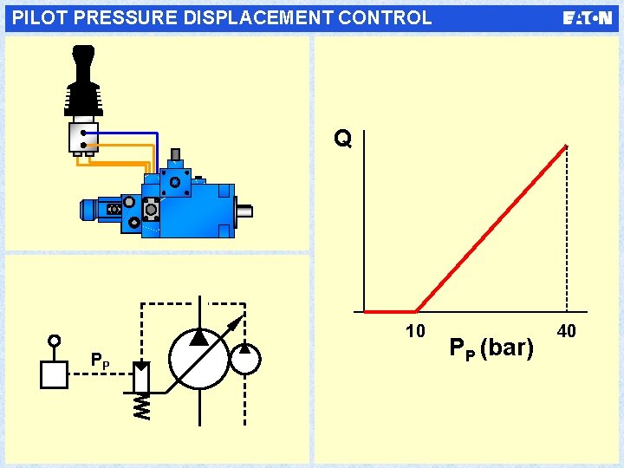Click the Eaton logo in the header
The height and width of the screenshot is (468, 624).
pyautogui.click(x=587, y=17)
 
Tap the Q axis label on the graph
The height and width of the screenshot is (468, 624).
pyautogui.click(x=343, y=139)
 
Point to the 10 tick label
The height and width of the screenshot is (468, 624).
pyautogui.click(x=415, y=331)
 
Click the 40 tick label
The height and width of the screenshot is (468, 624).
pyautogui.click(x=567, y=331)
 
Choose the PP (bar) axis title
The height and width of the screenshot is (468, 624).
pyautogui.click(x=491, y=348)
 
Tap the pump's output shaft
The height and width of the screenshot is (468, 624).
pyautogui.click(x=244, y=210)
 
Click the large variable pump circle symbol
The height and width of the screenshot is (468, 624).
pyautogui.click(x=199, y=358)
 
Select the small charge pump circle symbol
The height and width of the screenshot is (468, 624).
pyautogui.click(x=246, y=358)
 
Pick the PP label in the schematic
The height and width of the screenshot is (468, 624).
pyautogui.click(x=101, y=361)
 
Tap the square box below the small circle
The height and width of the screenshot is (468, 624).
pyautogui.click(x=54, y=374)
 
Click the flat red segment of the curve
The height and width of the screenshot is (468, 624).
pyautogui.click(x=390, y=311)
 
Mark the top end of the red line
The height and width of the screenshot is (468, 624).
pyautogui.click(x=565, y=146)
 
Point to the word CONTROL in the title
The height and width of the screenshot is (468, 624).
pyautogui.click(x=386, y=17)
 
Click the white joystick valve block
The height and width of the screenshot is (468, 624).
pyautogui.click(x=83, y=136)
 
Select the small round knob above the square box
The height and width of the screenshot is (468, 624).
pyautogui.click(x=55, y=340)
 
